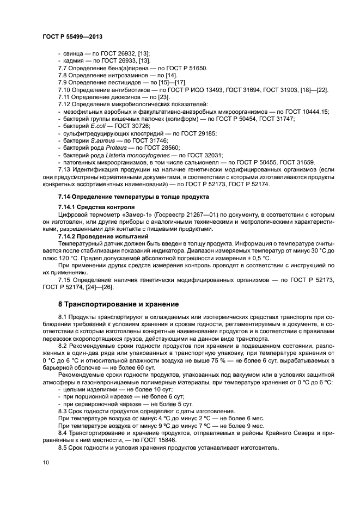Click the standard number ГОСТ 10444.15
[310, 111]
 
